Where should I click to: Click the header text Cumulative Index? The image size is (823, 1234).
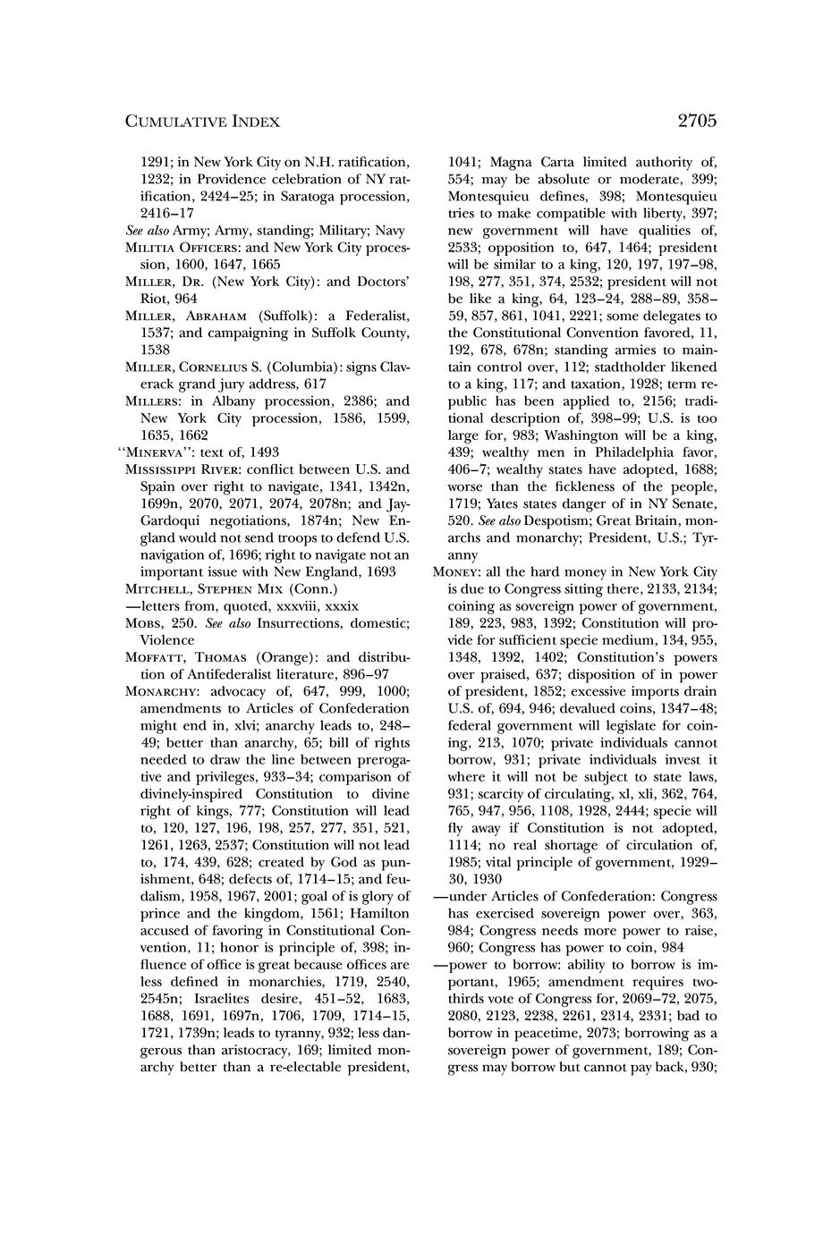(x=202, y=122)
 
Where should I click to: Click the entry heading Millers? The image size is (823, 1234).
(x=155, y=401)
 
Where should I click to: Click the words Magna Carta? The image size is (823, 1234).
(x=534, y=163)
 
